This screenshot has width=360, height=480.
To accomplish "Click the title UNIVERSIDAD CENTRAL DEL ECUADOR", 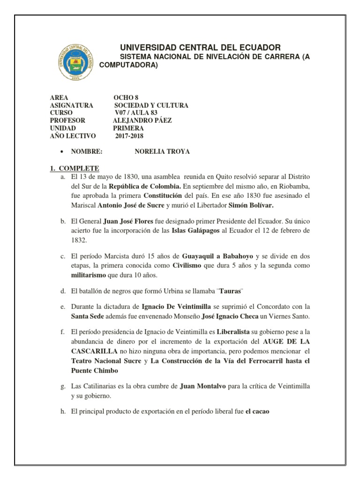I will [201, 47].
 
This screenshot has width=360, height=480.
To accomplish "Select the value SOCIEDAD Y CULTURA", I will [151, 105].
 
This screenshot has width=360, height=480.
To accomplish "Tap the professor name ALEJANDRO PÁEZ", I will [142, 120].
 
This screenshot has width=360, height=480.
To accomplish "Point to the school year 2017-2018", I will [130, 136].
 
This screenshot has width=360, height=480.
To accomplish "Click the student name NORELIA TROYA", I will [163, 152].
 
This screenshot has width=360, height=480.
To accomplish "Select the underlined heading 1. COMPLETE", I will [75, 168].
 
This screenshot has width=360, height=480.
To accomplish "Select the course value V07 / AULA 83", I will [136, 113].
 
